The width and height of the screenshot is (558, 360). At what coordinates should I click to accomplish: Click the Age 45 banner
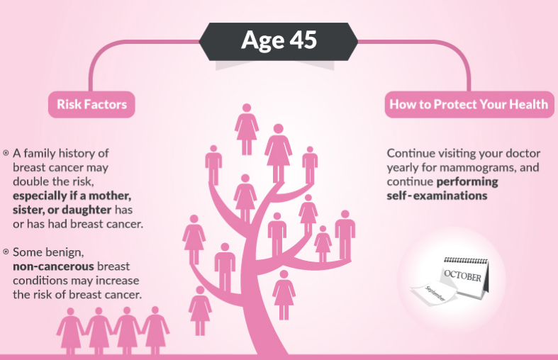point(278,41)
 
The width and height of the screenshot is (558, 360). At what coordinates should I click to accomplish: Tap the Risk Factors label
point(91,104)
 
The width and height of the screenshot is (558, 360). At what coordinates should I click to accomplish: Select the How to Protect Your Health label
point(469,104)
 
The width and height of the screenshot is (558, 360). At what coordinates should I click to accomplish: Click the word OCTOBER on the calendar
point(462,276)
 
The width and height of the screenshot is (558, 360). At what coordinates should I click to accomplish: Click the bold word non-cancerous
point(53,266)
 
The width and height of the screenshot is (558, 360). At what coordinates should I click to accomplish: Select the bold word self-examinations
point(437,196)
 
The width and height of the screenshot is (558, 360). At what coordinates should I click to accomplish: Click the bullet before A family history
point(6,153)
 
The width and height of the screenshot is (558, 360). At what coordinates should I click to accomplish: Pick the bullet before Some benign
point(6,252)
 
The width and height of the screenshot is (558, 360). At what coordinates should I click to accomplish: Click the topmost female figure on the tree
point(246,129)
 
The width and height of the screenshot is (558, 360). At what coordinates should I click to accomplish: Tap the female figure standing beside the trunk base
point(284,295)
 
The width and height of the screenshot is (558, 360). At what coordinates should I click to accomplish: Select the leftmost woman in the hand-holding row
point(70,331)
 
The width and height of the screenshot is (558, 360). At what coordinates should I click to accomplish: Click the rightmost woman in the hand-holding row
point(155,330)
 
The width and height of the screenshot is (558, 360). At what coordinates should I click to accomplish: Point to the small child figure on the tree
point(323,243)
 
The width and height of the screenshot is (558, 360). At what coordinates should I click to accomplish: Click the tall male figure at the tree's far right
point(345,235)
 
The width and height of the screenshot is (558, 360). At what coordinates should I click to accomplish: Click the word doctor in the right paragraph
point(523,153)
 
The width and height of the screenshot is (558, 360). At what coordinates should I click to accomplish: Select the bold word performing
point(467,182)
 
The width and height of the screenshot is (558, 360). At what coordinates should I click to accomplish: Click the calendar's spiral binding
point(467,260)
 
